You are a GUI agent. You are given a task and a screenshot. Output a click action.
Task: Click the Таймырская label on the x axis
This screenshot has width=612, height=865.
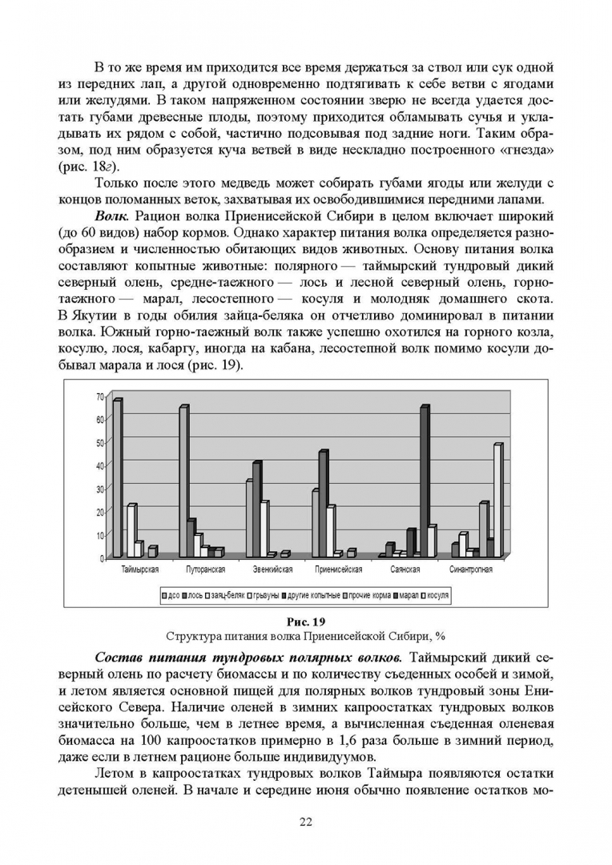140,570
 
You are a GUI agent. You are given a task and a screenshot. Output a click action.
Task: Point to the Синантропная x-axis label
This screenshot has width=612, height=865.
471,570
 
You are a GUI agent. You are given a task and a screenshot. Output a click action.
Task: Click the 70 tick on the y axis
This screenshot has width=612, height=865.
100,396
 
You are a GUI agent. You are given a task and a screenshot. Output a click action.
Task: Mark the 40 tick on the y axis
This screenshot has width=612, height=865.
100,465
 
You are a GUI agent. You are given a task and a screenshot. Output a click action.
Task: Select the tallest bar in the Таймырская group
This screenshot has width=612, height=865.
117,478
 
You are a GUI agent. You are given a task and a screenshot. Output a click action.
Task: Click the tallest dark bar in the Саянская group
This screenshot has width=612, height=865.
424,481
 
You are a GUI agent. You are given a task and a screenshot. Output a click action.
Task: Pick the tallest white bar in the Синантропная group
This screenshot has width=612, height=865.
497,501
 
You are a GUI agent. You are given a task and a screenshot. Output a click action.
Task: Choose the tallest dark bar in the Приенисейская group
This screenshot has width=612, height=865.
323,505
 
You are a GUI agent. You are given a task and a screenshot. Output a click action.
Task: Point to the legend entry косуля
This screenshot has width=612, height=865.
437,596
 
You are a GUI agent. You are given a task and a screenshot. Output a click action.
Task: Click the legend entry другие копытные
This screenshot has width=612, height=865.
311,596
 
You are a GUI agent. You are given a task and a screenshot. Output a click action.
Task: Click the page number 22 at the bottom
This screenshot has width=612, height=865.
305,822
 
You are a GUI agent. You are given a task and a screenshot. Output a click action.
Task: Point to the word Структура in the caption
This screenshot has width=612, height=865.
192,637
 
